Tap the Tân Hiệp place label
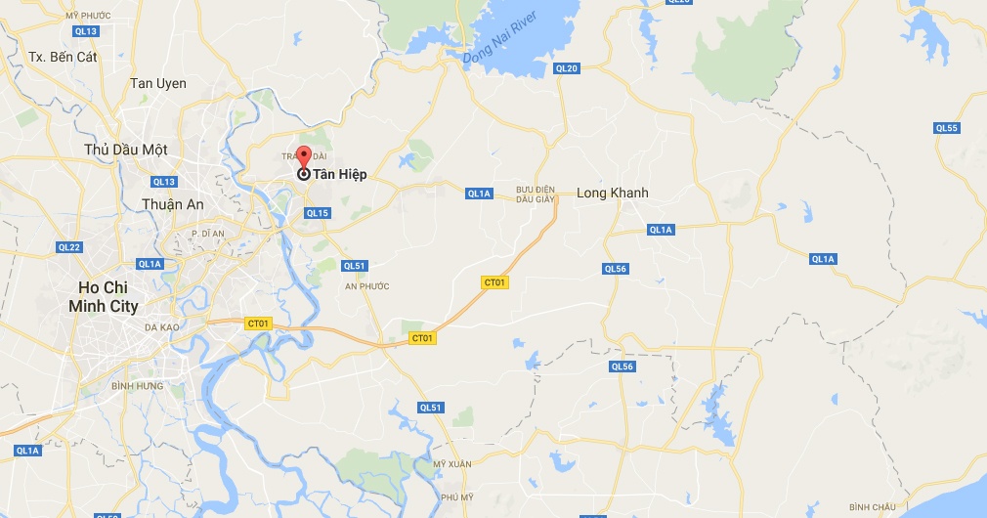click(339, 175)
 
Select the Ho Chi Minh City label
click(103, 297)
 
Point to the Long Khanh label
click(612, 193)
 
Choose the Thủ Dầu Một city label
click(126, 150)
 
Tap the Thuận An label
click(172, 204)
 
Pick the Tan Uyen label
click(158, 84)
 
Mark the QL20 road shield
click(566, 68)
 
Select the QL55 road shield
click(946, 128)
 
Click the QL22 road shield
click(68, 247)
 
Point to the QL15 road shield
click(318, 213)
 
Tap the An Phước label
click(366, 286)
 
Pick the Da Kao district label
click(161, 329)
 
